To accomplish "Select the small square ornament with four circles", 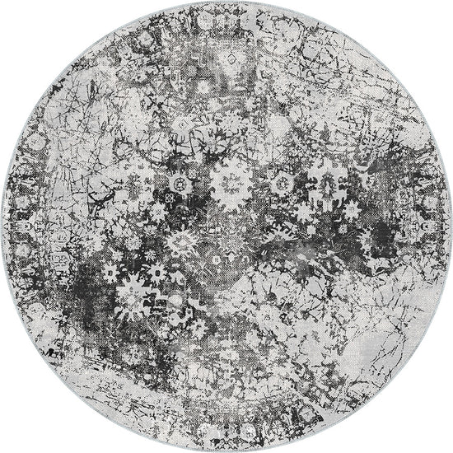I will point(170,198).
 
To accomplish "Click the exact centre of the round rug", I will point(226,226).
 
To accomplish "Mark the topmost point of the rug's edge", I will point(226,2).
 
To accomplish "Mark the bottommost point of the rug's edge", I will point(226,451).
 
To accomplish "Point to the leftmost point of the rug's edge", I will point(2,226).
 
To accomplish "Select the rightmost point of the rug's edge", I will point(451,226).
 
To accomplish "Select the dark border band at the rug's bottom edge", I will point(226,437).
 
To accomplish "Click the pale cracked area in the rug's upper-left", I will point(99,91).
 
